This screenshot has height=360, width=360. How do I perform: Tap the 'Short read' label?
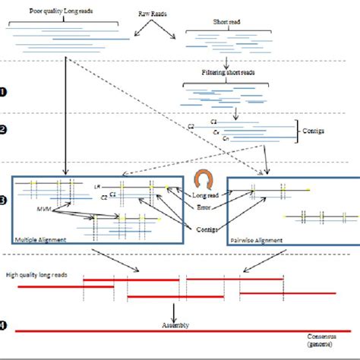pos(219,35)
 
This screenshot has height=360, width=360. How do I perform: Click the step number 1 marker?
pos(5,92)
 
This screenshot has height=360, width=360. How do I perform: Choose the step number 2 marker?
pos(5,129)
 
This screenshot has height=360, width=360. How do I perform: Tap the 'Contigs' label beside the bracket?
pos(313,131)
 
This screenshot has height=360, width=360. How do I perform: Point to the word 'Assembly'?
pos(175,325)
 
